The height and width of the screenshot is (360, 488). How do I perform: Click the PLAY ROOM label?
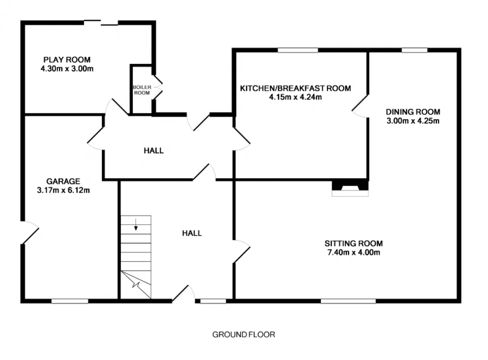(67, 60)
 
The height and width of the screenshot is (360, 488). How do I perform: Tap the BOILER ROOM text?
(142, 90)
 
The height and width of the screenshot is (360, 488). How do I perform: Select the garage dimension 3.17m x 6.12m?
(63, 190)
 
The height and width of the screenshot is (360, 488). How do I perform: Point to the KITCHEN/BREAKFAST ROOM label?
(295, 88)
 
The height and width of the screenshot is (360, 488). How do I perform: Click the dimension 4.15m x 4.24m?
(295, 97)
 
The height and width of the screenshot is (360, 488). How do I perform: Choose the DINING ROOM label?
(413, 112)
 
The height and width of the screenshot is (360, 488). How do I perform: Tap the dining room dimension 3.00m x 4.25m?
(413, 121)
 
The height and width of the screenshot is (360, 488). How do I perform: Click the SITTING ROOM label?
(353, 243)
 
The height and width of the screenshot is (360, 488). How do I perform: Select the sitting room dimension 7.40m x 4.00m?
(354, 252)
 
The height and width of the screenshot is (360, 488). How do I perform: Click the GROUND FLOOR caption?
(244, 334)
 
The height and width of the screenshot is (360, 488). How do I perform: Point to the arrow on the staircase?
(136, 225)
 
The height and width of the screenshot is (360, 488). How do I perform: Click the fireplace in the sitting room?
(350, 188)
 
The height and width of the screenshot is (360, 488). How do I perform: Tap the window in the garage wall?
(70, 301)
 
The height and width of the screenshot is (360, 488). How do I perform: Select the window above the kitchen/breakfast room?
(298, 50)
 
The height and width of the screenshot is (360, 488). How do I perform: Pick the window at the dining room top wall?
(414, 50)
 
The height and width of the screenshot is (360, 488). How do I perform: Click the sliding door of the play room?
(101, 22)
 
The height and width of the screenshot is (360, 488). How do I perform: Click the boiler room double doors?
(158, 87)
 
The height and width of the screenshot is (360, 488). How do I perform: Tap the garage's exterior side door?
(30, 233)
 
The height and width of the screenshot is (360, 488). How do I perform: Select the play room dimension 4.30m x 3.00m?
(67, 69)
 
